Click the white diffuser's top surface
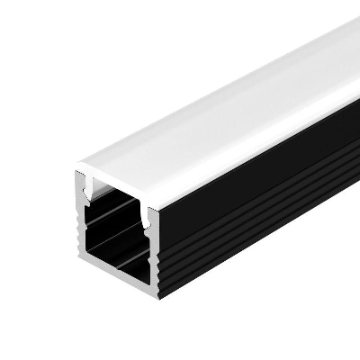[x=225, y=99]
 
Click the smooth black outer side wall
[x=261, y=171]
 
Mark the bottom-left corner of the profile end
[x=79, y=256]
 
